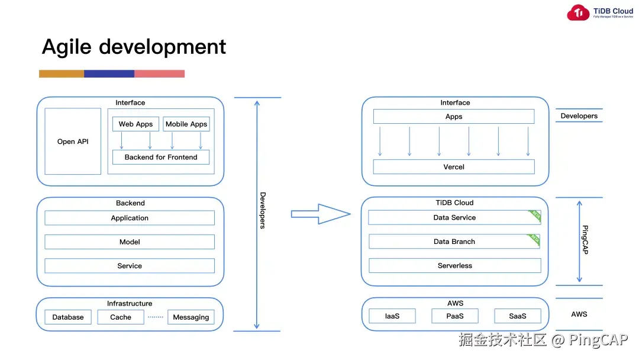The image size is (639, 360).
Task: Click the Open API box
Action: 73,142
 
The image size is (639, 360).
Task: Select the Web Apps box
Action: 135,124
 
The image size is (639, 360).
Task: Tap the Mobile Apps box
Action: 186,124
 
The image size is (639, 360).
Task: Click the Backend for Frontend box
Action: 161,157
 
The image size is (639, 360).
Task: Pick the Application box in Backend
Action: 130,218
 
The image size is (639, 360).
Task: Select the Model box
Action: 130,242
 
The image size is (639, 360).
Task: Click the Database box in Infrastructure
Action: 68,317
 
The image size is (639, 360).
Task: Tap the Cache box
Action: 121,317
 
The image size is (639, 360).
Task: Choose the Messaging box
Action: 191,317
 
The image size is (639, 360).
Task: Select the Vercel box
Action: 454,166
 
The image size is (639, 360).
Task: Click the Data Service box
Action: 454,217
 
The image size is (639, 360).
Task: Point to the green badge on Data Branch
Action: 535,239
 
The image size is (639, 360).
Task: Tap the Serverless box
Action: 454,265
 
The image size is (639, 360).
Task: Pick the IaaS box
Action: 392,316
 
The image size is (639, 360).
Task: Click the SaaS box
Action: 517,316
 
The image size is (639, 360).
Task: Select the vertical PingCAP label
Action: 585,240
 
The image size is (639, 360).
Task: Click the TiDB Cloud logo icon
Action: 578,12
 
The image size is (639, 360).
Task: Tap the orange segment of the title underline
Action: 62,74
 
